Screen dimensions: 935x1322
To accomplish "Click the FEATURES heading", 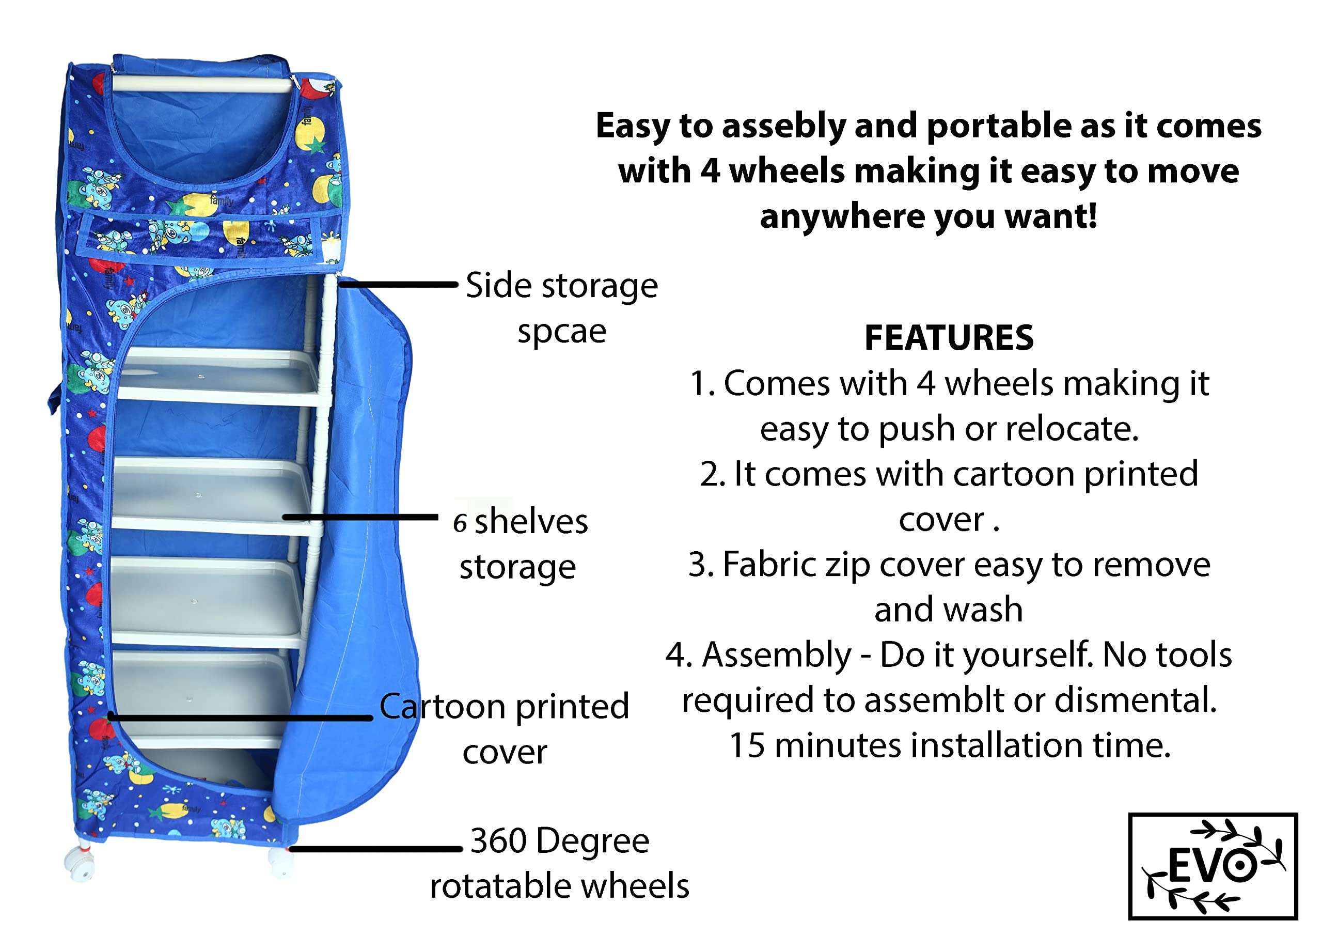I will [x=948, y=338].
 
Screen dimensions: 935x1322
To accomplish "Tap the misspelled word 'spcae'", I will [x=561, y=332].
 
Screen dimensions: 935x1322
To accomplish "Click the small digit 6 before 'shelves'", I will [x=459, y=523].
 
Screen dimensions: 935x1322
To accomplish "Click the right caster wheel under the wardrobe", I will [x=280, y=864].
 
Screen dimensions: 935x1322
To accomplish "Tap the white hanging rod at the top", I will [x=201, y=85].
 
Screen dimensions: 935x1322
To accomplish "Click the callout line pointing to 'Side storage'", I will [x=397, y=284].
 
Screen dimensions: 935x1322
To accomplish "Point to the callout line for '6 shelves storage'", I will [x=360, y=517].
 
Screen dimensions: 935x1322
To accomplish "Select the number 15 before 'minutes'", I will [x=746, y=746].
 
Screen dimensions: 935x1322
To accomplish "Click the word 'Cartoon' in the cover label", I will [x=442, y=707].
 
